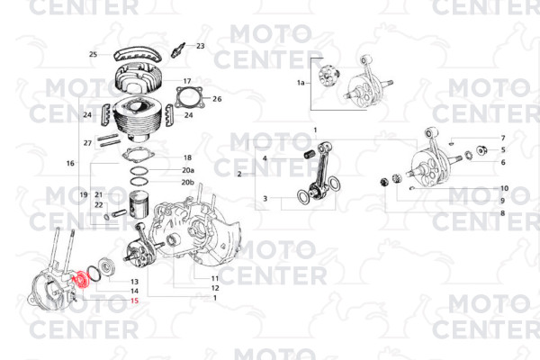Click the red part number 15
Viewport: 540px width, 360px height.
pos(134,301)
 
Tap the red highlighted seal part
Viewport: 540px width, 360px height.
pos(82,279)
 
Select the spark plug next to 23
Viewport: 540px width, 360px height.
pos(178,50)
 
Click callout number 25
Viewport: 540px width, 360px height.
pos(93,54)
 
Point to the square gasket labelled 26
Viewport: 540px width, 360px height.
pos(188,98)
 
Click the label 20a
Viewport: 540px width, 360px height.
pos(188,170)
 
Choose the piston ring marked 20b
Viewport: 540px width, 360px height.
pos(139,182)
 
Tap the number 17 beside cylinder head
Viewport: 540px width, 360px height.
pos(187,81)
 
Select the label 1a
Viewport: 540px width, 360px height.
pos(301,83)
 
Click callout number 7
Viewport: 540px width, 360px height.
pos(503,138)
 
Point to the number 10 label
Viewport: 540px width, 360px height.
pos(504,188)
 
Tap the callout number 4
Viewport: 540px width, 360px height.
pos(265,158)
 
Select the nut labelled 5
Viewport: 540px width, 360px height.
pos(481,150)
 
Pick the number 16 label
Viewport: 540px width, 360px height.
pos(70,163)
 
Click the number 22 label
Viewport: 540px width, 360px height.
pos(99,205)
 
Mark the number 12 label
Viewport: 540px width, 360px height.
pos(215,288)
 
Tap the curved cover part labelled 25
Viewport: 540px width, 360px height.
pos(138,55)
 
